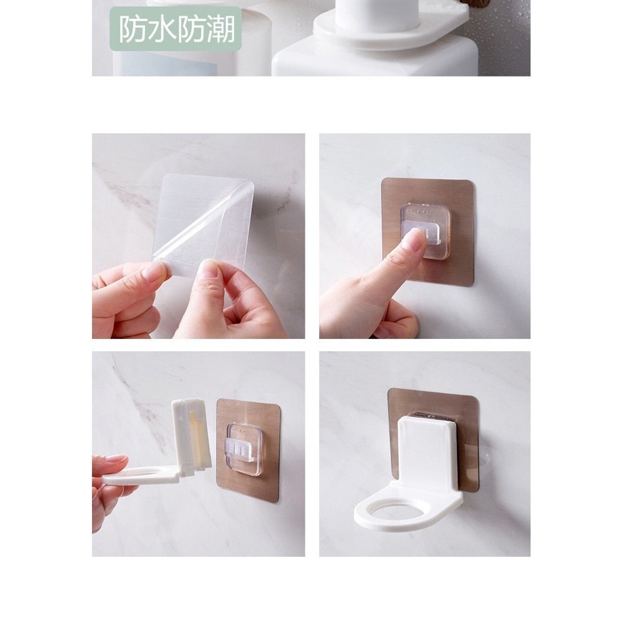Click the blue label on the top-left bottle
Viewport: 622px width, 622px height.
tap(168, 63)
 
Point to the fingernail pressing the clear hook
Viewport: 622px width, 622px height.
tap(413, 241)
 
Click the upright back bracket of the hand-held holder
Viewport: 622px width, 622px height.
tap(190, 435)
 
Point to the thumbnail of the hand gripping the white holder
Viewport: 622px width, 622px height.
tap(118, 460)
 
